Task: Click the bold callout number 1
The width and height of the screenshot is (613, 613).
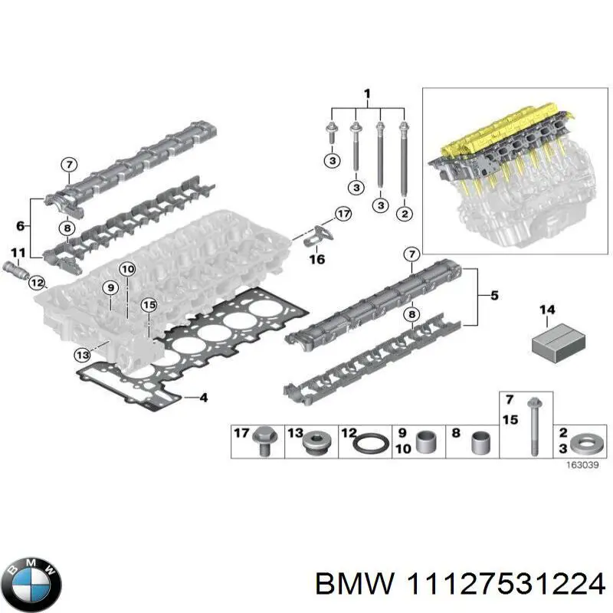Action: [367, 94]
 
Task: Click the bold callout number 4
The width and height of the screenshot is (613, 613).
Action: [203, 398]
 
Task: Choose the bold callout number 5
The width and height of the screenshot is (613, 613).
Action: [494, 295]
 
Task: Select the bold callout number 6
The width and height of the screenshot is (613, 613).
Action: [21, 226]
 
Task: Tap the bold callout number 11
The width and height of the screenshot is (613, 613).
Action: [18, 253]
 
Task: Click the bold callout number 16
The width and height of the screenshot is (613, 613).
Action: [316, 260]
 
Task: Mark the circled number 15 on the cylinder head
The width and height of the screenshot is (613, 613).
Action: [149, 305]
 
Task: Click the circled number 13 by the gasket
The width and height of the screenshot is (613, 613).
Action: [83, 354]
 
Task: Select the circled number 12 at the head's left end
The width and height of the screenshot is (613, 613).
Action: [36, 284]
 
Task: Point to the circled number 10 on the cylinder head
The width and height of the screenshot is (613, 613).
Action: [126, 269]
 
